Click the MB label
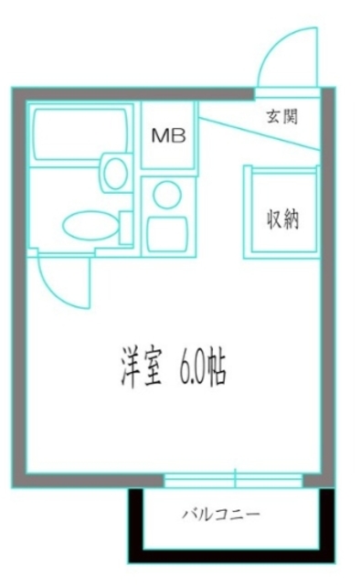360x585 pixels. tap(168, 136)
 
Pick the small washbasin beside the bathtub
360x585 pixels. tap(115, 171)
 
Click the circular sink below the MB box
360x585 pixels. tap(167, 194)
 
